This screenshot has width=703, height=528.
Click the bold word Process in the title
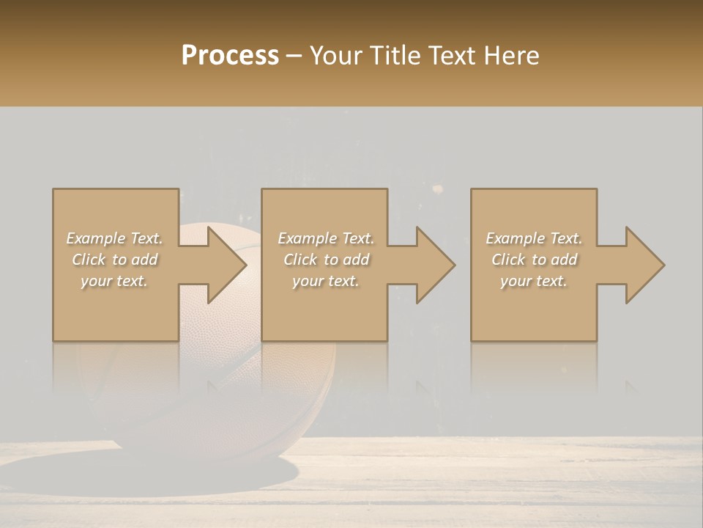(x=230, y=56)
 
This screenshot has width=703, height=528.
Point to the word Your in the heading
(x=338, y=56)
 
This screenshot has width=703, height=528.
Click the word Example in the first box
(x=95, y=238)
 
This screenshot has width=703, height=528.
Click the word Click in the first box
(x=89, y=260)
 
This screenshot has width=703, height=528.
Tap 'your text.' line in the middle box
(x=325, y=281)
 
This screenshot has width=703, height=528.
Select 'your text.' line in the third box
(x=533, y=281)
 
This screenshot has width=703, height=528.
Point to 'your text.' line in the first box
(x=114, y=281)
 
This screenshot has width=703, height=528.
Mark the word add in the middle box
(x=356, y=260)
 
